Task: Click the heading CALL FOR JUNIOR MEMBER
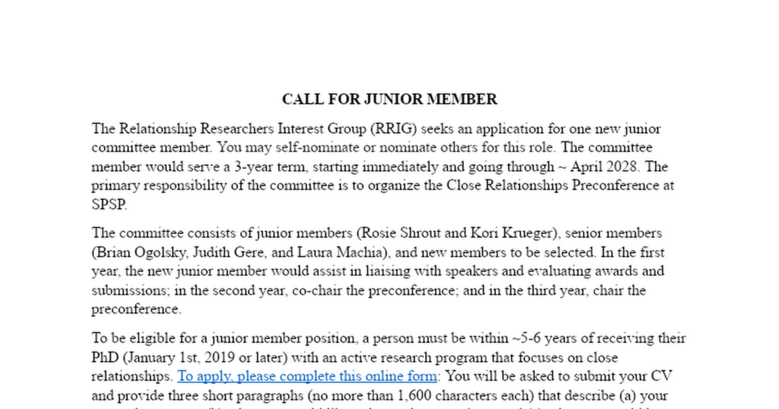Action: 389,99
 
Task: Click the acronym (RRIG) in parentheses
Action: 393,129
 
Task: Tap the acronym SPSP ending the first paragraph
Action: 109,204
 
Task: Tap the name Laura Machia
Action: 340,252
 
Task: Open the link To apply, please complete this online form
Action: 307,376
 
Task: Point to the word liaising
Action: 388,271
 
